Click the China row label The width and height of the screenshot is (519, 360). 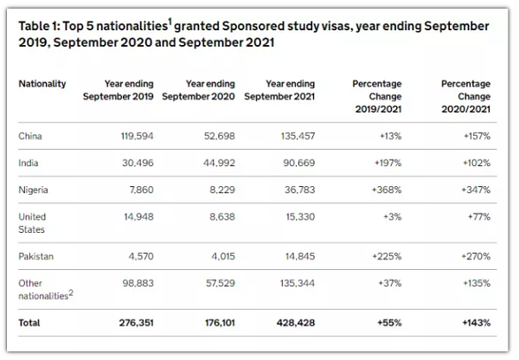click(30, 136)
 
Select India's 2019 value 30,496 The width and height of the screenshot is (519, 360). click(138, 163)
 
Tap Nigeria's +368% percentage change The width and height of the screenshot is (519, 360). click(387, 190)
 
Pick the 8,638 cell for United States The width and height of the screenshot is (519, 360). click(222, 216)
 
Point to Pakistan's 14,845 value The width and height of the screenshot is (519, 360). click(300, 256)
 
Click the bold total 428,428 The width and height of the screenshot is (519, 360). click(296, 323)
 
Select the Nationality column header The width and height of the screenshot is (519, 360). click(42, 84)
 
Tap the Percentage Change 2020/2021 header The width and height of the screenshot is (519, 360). click(465, 96)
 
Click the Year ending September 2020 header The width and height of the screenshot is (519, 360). click(199, 90)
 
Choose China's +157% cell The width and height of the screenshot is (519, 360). click(477, 136)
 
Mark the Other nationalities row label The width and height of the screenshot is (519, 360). click(46, 289)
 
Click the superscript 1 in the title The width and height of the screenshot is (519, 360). click(170, 22)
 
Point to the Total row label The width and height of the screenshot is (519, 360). click(29, 323)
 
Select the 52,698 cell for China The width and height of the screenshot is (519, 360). click(220, 136)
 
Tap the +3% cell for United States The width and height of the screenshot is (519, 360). click(393, 216)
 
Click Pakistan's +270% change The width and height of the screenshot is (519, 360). click(476, 256)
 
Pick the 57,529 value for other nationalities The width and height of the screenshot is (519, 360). click(221, 283)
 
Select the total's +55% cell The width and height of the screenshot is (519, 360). click(389, 323)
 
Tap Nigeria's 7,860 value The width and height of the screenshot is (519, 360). click(141, 190)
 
